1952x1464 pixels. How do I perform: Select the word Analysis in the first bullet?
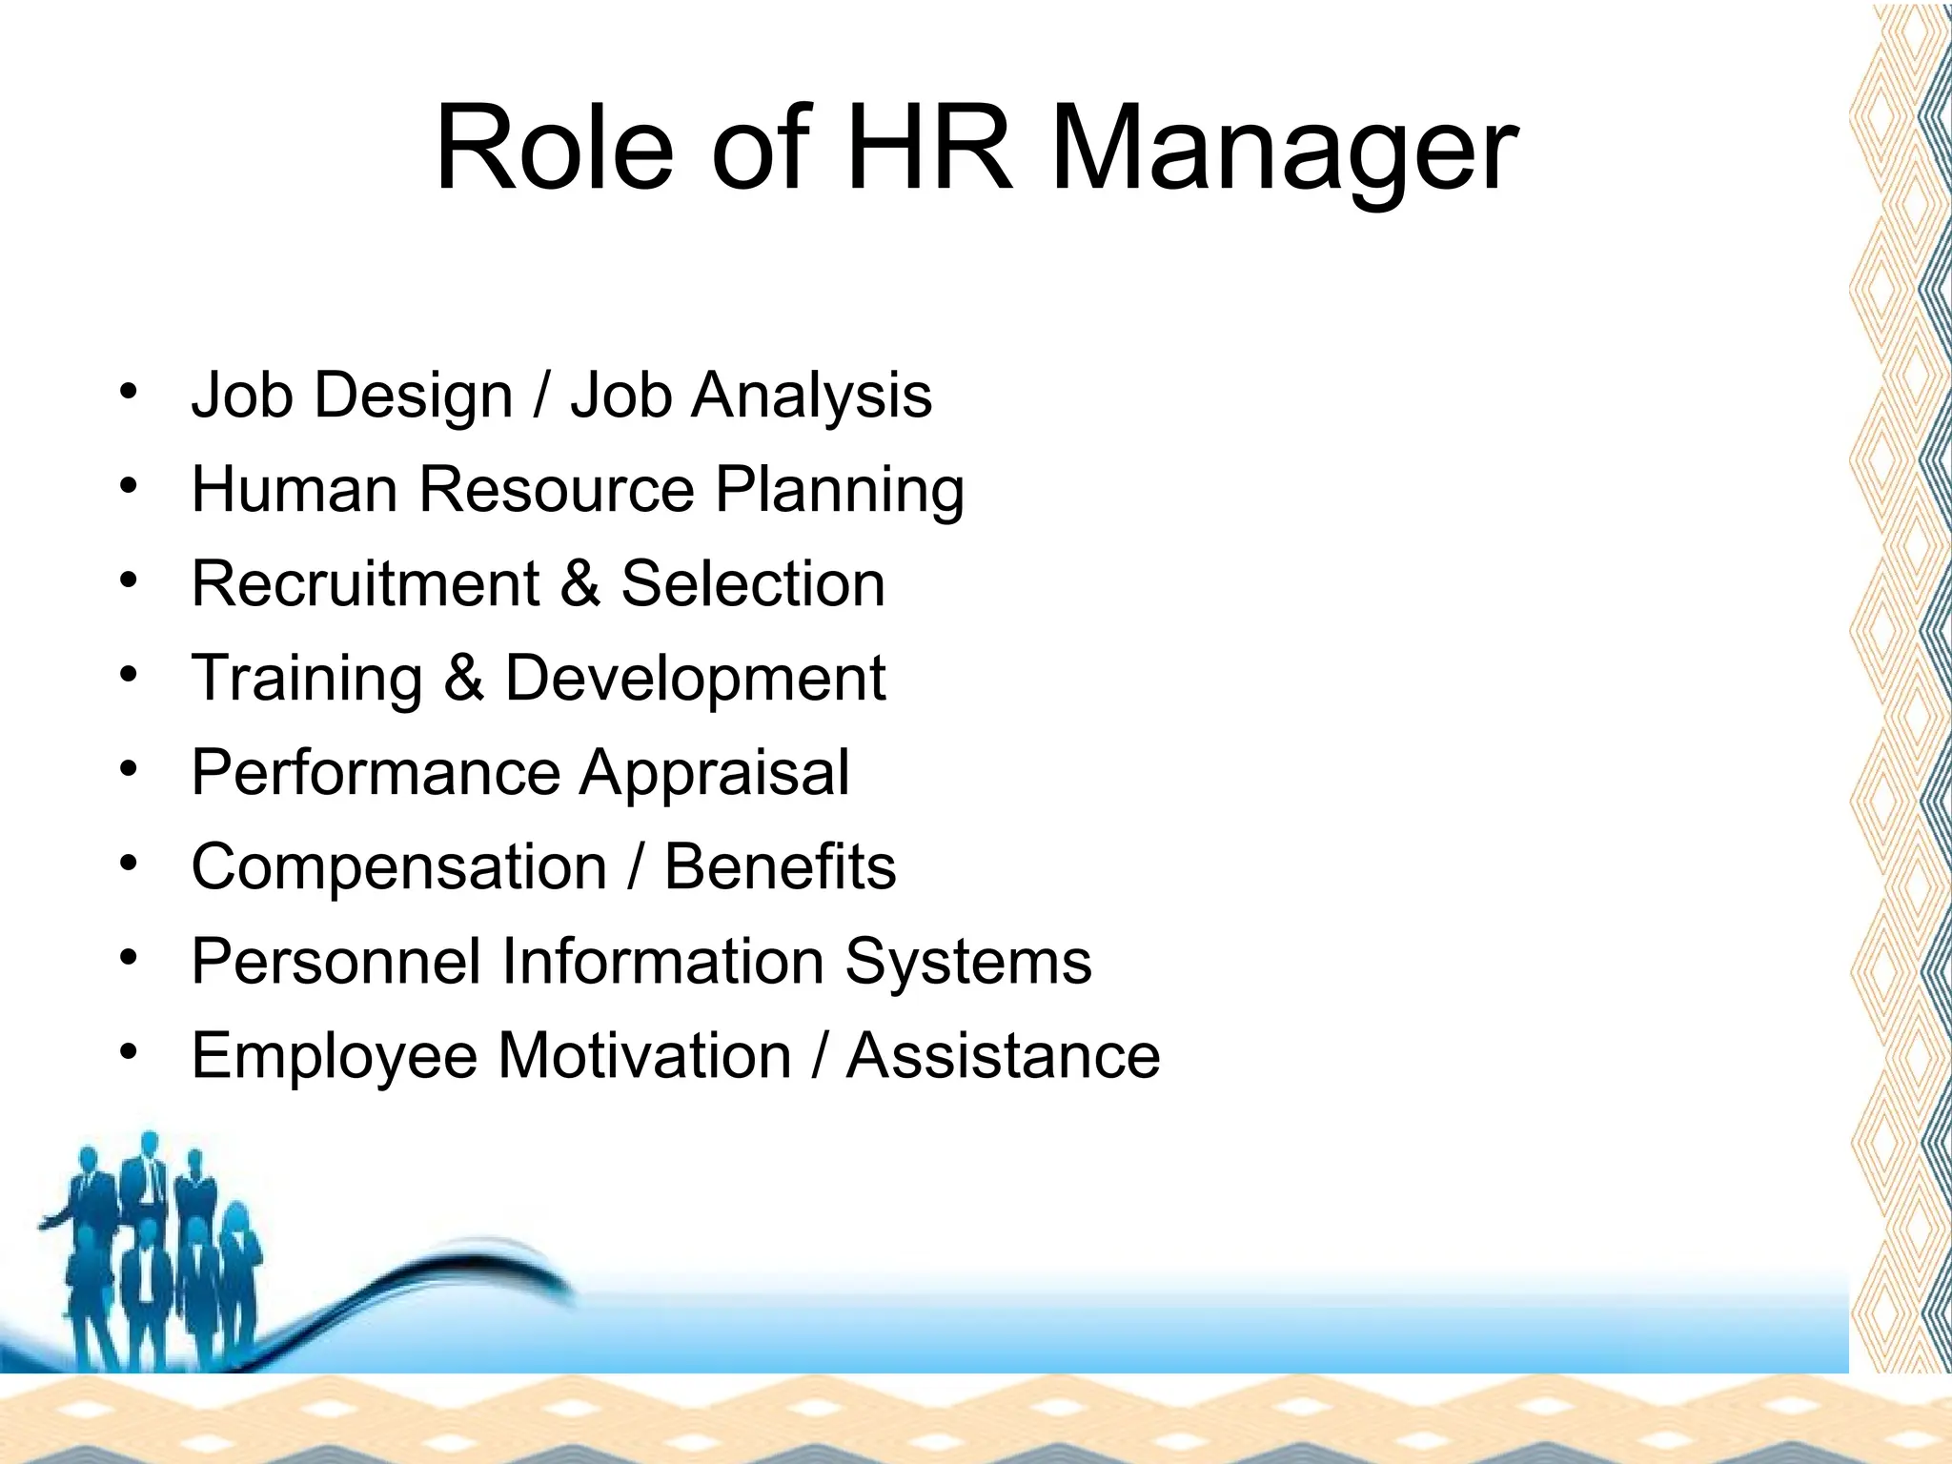pyautogui.click(x=811, y=396)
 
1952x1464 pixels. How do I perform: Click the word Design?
pyautogui.click(x=414, y=396)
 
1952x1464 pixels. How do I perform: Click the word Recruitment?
pyautogui.click(x=365, y=583)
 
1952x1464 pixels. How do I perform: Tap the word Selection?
pyautogui.click(x=753, y=583)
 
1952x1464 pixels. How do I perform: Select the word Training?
pyautogui.click(x=307, y=680)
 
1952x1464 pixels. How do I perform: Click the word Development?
pyautogui.click(x=695, y=680)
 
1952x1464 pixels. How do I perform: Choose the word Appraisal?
pyautogui.click(x=714, y=773)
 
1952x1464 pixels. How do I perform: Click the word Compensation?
pyautogui.click(x=399, y=868)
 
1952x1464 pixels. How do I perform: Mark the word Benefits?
pyautogui.click(x=780, y=866)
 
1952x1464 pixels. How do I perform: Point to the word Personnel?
pyautogui.click(x=335, y=961)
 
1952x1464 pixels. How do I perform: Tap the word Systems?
pyautogui.click(x=968, y=963)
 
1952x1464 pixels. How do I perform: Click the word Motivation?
pyautogui.click(x=644, y=1055)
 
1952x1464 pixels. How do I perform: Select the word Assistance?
pyautogui.click(x=1004, y=1055)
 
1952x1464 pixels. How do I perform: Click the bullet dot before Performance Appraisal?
pyautogui.click(x=129, y=767)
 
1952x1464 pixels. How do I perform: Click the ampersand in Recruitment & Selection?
pyautogui.click(x=580, y=583)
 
